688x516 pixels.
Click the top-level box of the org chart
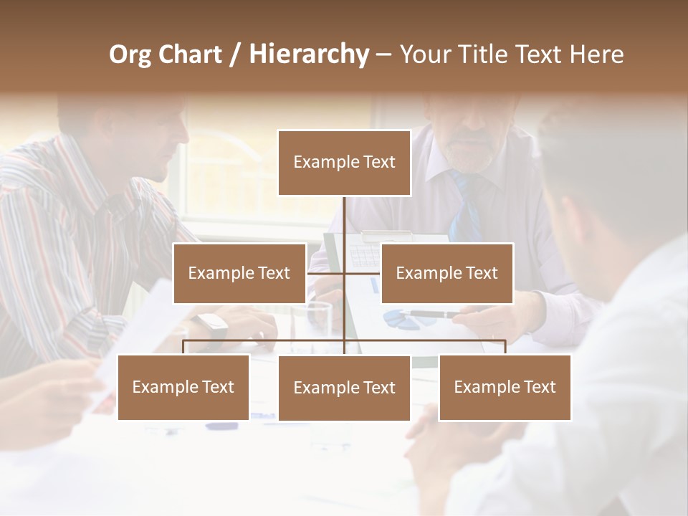point(344,163)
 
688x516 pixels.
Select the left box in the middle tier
point(239,273)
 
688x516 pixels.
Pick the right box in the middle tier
point(446,273)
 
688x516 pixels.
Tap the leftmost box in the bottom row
point(183,387)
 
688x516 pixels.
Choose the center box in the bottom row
point(344,388)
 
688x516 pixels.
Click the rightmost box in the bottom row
point(505,387)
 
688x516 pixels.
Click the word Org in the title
point(130,54)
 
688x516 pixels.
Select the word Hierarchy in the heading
point(308,54)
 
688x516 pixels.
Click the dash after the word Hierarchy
point(383,54)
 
